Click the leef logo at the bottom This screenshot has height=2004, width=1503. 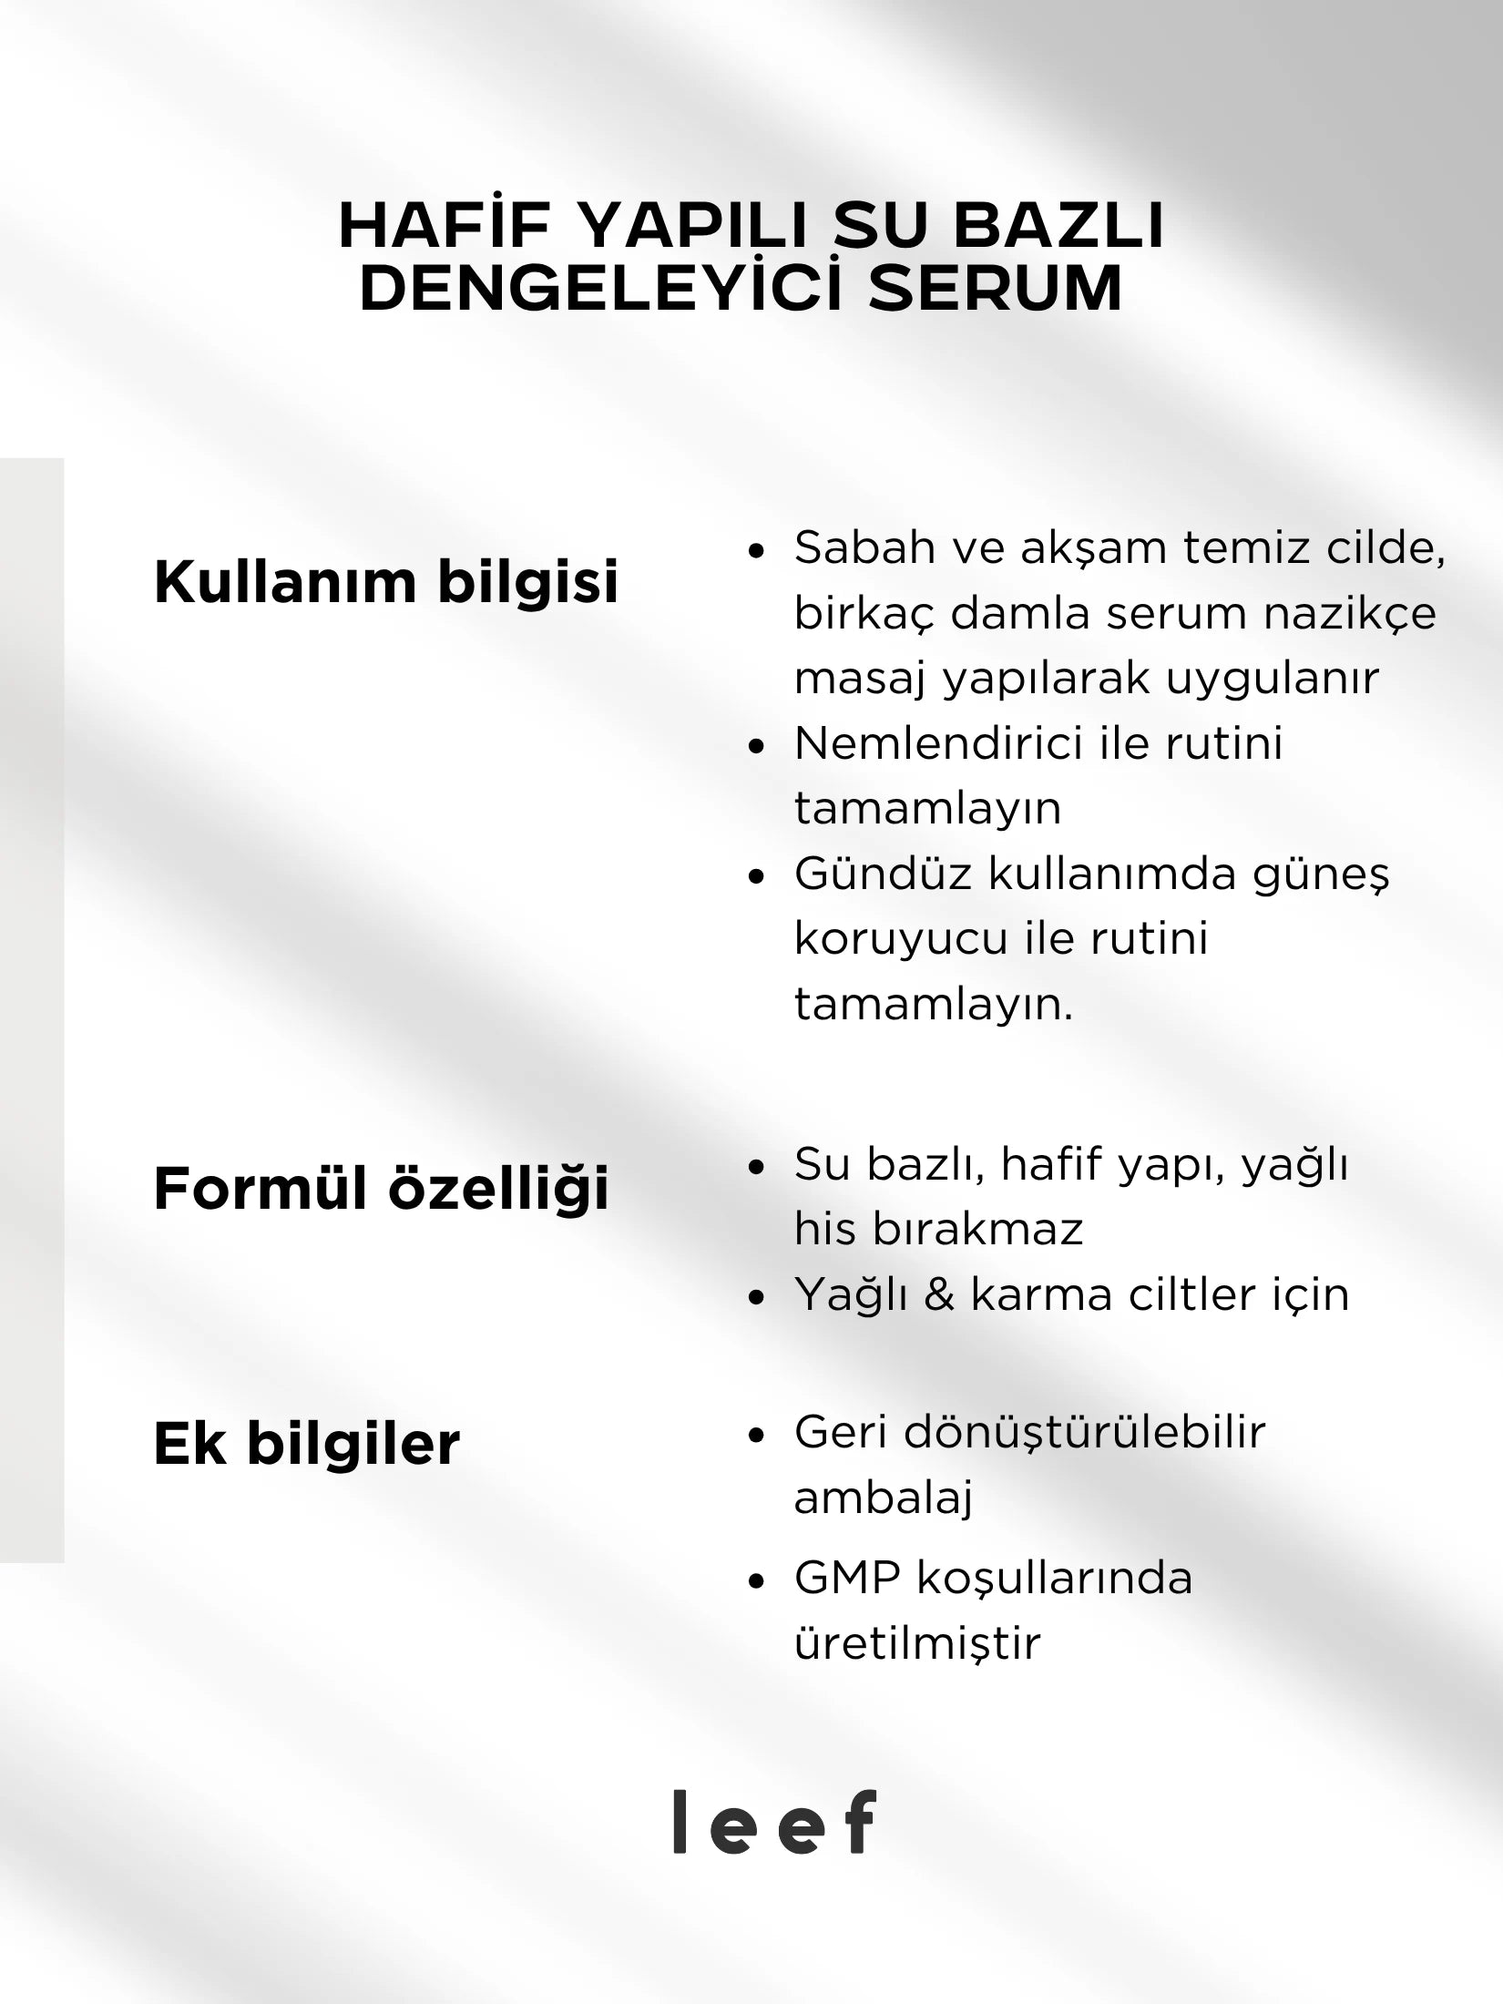774,1822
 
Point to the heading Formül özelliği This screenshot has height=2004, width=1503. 381,1189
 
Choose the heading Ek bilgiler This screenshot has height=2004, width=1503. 307,1444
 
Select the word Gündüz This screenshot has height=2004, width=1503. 884,874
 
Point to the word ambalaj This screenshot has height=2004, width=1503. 884,1498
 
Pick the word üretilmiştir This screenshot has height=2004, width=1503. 916,1644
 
